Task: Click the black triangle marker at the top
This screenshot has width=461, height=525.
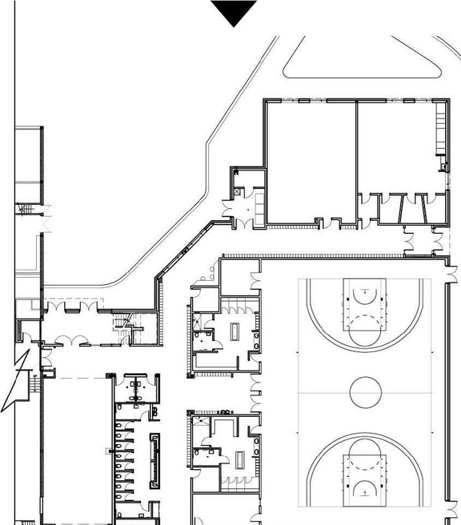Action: (x=234, y=12)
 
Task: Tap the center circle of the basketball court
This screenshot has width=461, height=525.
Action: (x=365, y=392)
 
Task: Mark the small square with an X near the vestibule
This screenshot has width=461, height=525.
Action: (x=239, y=192)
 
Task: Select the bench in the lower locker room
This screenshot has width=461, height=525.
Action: (x=239, y=459)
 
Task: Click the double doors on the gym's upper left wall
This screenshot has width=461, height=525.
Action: (x=256, y=281)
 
